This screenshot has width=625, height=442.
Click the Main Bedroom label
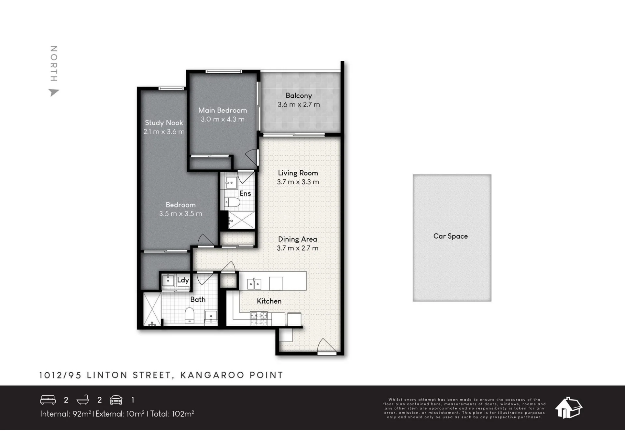point(223,110)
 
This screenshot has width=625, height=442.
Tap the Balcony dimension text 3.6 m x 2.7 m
point(299,105)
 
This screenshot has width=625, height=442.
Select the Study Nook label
point(164,123)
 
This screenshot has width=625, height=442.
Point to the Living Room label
point(298,173)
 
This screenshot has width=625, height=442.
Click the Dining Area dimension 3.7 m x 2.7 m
point(298,248)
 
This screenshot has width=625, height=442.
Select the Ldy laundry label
point(183,280)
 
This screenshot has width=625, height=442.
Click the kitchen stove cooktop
point(259,318)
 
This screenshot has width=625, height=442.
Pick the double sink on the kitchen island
point(254,284)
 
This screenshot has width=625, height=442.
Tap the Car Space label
point(450,236)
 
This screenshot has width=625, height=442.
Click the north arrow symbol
point(54,92)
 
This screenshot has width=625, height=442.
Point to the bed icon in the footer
point(48,400)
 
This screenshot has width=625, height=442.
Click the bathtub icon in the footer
point(83,400)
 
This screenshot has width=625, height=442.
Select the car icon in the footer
point(116,400)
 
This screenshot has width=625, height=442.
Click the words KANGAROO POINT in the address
point(232,375)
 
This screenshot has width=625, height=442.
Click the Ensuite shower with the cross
point(241,220)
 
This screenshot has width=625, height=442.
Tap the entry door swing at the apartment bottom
point(326,346)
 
